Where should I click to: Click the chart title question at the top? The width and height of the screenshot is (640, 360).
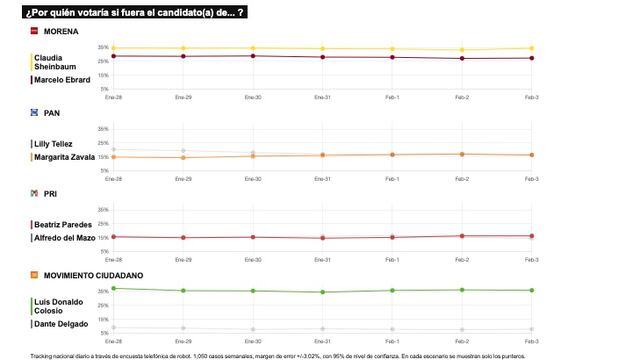coord(135,11)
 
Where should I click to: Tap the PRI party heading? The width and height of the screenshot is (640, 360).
coord(50,193)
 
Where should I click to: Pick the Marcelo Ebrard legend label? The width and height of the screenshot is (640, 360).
coord(62,80)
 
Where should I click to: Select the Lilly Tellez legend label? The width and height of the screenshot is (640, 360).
coord(56,144)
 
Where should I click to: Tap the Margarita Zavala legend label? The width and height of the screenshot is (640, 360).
coord(64,157)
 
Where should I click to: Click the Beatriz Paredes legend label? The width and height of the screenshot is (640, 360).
coord(62,225)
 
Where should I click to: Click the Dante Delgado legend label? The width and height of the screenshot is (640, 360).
coord(61,323)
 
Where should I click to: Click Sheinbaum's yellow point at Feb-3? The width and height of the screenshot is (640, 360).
coord(531,48)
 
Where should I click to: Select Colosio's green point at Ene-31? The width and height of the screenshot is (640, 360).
coord(322,292)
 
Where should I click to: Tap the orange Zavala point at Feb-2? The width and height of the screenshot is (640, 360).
coord(461,154)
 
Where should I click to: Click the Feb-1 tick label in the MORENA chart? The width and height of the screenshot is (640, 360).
coord(392,96)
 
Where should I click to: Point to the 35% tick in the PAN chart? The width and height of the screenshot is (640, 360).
coord(103,129)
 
